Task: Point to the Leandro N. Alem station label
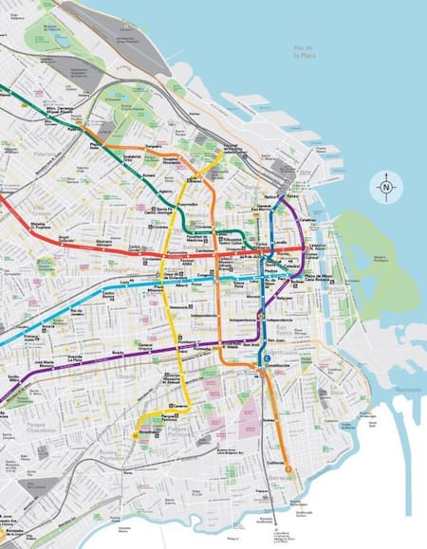319,248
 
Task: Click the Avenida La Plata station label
75,359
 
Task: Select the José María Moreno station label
43,365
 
